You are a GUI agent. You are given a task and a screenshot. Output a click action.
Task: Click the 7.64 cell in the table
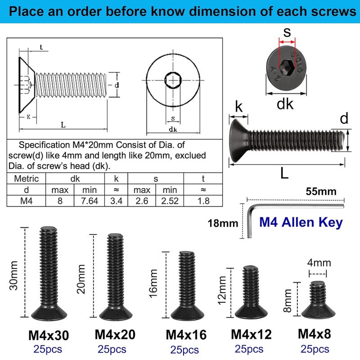pos(89,201)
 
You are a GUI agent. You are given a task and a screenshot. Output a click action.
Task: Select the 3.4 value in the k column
pos(116,201)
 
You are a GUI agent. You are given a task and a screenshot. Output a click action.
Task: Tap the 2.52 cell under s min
pos(170,201)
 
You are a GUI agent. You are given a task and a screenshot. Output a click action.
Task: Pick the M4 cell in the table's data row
pos(27,201)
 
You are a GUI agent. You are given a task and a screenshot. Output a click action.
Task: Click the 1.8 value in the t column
pos(203,201)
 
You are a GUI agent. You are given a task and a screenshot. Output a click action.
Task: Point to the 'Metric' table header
pos(27,179)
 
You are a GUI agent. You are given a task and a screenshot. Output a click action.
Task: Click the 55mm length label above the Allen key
pos(321,191)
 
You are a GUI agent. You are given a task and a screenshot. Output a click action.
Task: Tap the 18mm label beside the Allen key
pos(223,223)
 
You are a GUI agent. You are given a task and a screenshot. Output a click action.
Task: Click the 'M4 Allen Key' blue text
pos(301,222)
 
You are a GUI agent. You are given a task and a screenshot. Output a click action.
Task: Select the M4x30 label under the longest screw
pos(49,335)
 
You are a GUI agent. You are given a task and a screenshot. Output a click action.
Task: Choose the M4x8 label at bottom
pos(315,334)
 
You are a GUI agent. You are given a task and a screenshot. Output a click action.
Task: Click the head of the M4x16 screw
pos(187,313)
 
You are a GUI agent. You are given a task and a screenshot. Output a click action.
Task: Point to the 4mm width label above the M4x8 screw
pos(319,263)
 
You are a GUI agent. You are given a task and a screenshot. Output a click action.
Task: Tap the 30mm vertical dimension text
pos(14,275)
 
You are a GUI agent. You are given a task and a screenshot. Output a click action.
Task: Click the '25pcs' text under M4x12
pos(249,349)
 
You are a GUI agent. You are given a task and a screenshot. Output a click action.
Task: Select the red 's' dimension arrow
pos(287,42)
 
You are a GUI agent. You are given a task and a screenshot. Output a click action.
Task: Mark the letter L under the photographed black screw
pos(284,173)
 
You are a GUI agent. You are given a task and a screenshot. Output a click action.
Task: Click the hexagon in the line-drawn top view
pos(173,80)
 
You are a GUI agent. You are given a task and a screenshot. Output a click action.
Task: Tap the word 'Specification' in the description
pos(44,145)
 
